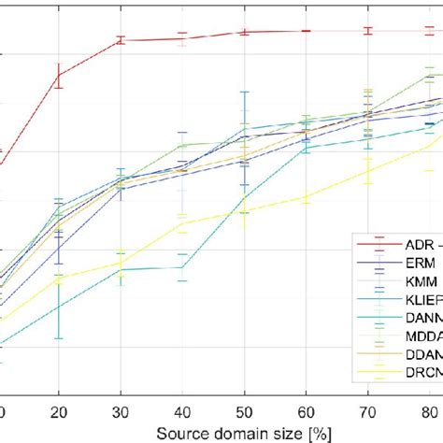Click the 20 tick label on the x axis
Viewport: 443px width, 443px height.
[58, 412]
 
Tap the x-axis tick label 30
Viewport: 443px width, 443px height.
[120, 412]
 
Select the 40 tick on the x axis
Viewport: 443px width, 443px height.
[182, 412]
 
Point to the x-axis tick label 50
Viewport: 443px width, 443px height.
[244, 412]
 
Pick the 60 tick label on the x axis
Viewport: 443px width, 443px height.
[306, 412]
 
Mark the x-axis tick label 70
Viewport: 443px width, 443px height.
[368, 412]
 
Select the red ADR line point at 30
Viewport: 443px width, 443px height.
[120, 40]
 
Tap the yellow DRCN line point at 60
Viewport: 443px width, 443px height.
[306, 196]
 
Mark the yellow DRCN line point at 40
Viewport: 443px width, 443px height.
[182, 221]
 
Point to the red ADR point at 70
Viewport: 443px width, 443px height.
[368, 31]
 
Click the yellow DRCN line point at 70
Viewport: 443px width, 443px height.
[368, 171]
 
